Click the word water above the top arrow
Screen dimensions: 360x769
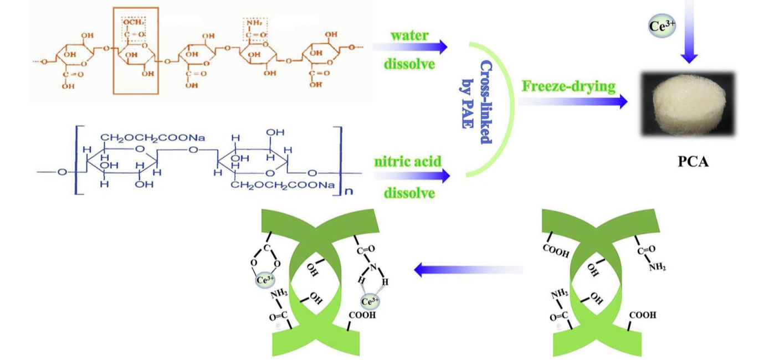click(409, 35)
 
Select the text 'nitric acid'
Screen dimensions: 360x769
click(408, 162)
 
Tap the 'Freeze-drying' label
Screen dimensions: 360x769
click(569, 87)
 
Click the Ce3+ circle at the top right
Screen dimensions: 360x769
click(662, 26)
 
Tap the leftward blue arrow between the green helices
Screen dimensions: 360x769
click(469, 270)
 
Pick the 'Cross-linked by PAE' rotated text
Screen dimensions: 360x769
click(477, 102)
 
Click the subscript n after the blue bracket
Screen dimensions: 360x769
click(348, 192)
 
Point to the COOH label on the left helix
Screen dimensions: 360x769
click(362, 316)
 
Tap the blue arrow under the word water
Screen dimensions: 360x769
click(410, 47)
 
